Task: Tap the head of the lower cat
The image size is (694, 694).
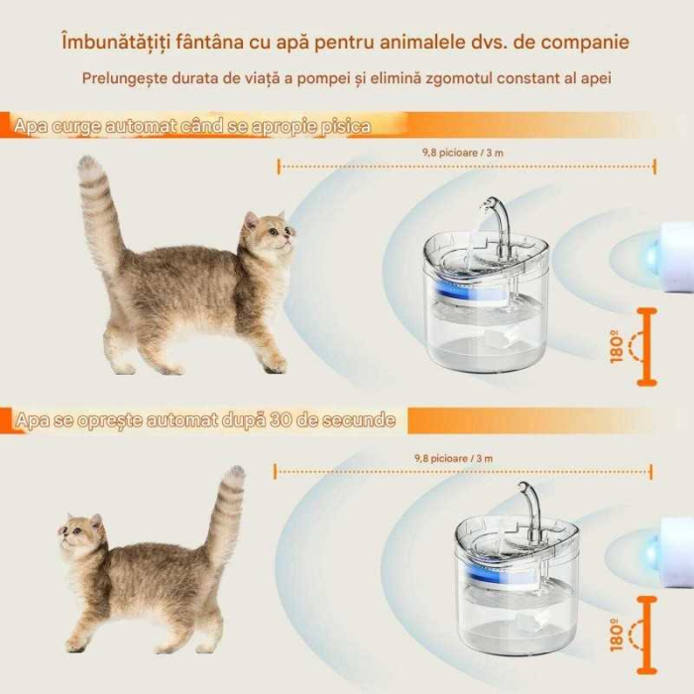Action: tap(81, 535)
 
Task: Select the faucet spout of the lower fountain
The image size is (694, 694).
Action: tap(525, 501)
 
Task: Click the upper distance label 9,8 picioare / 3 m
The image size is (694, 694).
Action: tap(467, 153)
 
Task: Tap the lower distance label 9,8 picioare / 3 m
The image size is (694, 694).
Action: tap(453, 458)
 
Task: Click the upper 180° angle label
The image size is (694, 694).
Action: tap(620, 348)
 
